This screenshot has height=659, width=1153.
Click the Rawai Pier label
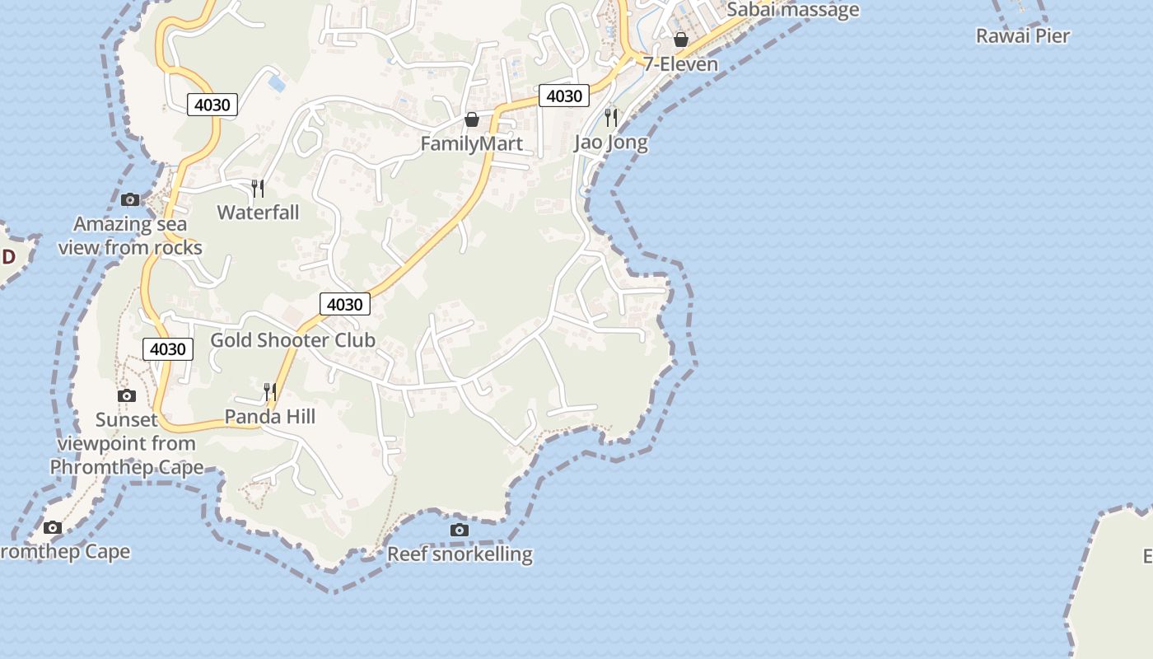coord(1022,35)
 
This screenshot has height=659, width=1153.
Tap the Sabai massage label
coord(792,10)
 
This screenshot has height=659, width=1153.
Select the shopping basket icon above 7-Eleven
coord(681,39)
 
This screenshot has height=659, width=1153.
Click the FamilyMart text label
coord(471,143)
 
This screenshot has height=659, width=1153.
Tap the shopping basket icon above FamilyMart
coord(472,119)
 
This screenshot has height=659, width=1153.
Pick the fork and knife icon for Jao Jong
coord(610,117)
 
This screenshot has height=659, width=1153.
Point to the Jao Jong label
coord(610,143)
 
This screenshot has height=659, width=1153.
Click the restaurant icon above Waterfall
coord(258,189)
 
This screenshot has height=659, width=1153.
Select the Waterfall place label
coord(258,213)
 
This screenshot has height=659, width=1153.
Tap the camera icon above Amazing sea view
coord(130,199)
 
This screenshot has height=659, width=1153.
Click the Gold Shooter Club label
coord(292,340)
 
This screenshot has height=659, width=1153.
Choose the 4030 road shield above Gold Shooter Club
coord(344,304)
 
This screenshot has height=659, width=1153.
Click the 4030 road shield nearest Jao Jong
coord(564,96)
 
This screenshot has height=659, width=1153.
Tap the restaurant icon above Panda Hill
coord(269,392)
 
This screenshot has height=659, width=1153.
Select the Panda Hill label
coord(270,417)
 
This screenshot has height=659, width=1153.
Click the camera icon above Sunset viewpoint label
coord(127,395)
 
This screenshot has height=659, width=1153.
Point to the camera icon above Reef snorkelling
coord(460,530)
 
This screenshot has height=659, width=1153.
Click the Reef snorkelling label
coord(460,554)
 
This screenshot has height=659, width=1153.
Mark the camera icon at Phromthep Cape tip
coord(53,527)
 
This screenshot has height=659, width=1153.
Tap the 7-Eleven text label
coord(681,63)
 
